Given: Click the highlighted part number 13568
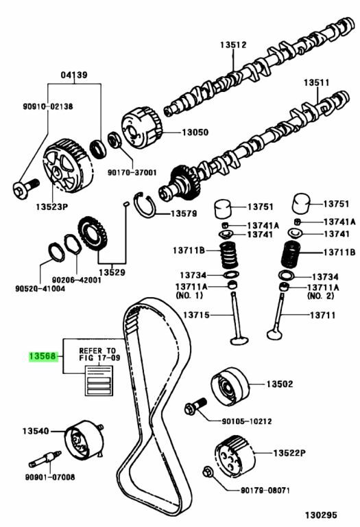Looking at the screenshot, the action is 43,356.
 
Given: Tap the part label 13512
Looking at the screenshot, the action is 233,45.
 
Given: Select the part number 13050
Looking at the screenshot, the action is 195,132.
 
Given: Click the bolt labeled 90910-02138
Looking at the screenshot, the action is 26,186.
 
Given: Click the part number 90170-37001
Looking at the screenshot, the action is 132,172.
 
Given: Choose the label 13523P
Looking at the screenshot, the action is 52,207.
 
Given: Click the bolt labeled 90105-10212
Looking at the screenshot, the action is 195,406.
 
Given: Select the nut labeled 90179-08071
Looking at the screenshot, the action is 208,472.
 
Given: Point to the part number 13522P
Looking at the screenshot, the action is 289,453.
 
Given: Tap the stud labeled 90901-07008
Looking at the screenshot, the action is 45,459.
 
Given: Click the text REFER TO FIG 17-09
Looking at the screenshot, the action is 99,354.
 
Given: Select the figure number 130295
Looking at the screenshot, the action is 321,515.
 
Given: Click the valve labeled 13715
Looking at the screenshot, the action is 238,318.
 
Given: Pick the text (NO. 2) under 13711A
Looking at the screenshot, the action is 321,296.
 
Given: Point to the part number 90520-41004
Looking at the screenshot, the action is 40,288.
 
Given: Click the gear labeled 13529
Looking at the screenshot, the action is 93,233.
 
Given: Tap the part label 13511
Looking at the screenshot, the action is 317,82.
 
